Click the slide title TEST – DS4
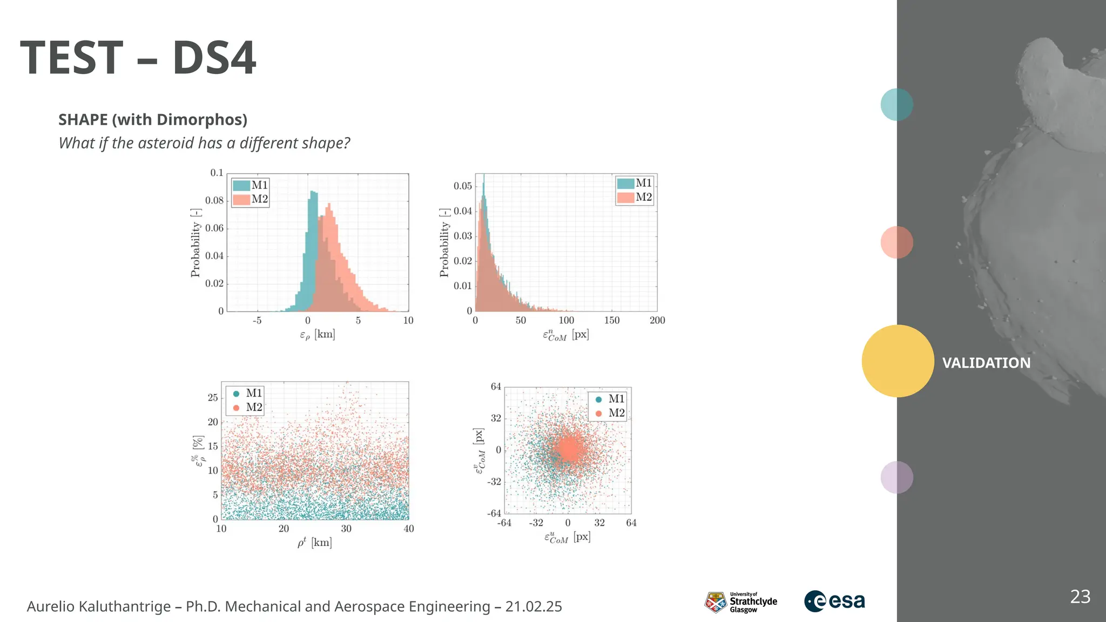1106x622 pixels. pos(138,58)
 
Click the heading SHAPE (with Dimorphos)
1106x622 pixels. pos(153,119)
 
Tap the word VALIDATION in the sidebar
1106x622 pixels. pos(986,363)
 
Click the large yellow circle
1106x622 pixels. pos(898,361)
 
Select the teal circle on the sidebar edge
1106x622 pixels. pos(896,104)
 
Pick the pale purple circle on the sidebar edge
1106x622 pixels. pos(896,477)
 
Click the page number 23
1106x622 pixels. pos(1080,597)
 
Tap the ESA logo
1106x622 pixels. pos(834,601)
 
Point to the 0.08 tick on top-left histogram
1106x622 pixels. pos(214,200)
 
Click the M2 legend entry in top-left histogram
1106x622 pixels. pos(251,199)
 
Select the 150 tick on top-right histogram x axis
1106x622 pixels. pos(612,320)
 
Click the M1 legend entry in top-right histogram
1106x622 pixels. pos(635,183)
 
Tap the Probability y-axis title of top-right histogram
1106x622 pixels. pos(444,242)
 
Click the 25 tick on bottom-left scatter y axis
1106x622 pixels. pos(213,397)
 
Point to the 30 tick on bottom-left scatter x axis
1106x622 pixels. pos(346,529)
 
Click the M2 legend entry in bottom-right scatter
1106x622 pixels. pos(610,413)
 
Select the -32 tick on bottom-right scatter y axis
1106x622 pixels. pos(494,481)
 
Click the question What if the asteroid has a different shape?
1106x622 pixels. pos(204,143)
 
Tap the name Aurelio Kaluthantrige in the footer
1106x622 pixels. pos(99,606)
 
